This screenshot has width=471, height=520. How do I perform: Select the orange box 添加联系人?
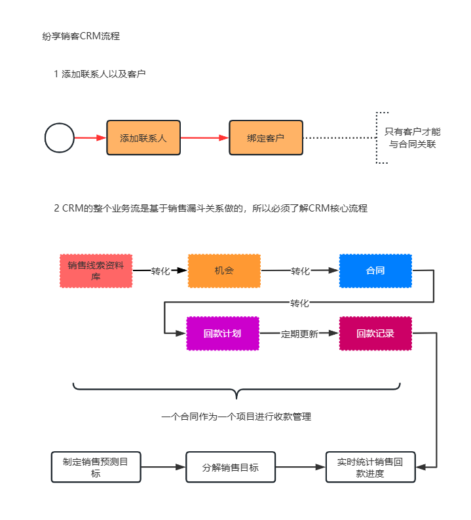pyautogui.click(x=143, y=138)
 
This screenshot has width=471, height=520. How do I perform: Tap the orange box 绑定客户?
pyautogui.click(x=266, y=138)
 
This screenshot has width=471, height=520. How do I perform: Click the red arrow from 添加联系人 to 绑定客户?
pyautogui.click(x=204, y=138)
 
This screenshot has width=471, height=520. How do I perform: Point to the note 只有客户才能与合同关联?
pyautogui.click(x=412, y=138)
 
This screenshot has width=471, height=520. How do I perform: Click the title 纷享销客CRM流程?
pyautogui.click(x=81, y=36)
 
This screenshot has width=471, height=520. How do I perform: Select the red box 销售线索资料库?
pyautogui.click(x=96, y=271)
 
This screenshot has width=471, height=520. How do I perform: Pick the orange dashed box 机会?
pyautogui.click(x=224, y=271)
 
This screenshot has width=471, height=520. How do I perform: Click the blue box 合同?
pyautogui.click(x=375, y=271)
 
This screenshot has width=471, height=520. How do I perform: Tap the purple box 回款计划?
pyautogui.click(x=223, y=333)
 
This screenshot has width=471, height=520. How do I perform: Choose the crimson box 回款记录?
pyautogui.click(x=375, y=333)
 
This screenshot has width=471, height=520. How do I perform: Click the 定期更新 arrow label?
pyautogui.click(x=299, y=334)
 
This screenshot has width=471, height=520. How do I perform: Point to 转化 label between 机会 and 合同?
pyautogui.click(x=301, y=271)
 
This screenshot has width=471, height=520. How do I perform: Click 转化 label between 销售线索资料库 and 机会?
pyautogui.click(x=160, y=271)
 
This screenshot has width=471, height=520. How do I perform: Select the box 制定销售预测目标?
pyautogui.click(x=96, y=467)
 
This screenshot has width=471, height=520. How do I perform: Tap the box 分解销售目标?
pyautogui.click(x=231, y=467)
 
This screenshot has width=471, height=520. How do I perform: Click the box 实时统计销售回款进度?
pyautogui.click(x=371, y=467)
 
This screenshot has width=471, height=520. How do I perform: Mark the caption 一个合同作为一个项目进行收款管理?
pyautogui.click(x=236, y=417)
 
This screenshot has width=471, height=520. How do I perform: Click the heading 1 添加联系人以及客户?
pyautogui.click(x=100, y=74)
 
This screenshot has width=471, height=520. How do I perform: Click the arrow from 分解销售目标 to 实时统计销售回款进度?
pyautogui.click(x=301, y=467)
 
